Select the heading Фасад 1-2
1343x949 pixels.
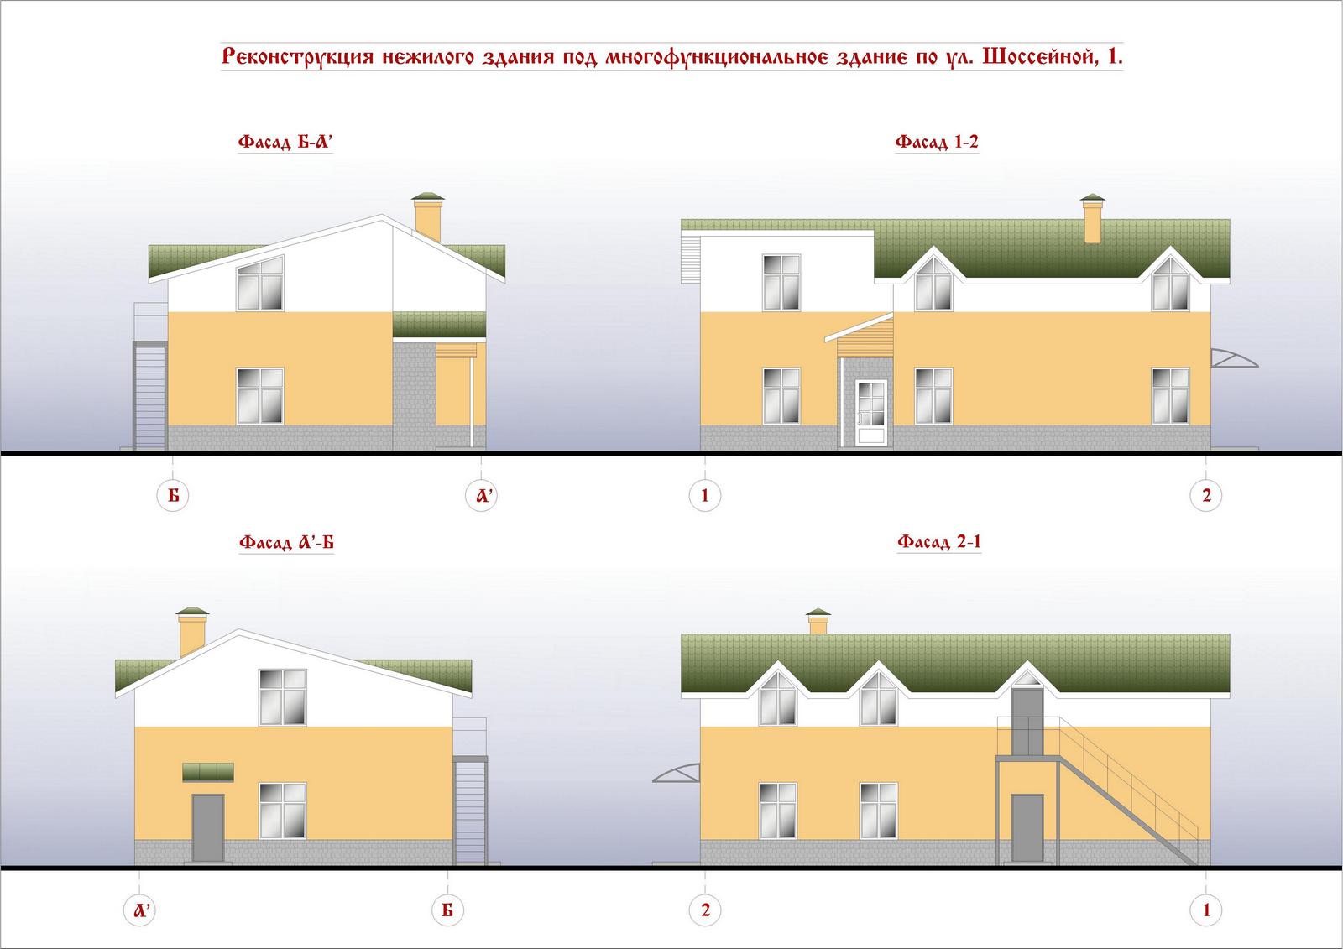pos(937,142)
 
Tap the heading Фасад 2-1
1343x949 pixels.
pos(939,542)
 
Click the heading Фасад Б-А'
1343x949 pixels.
pos(285,142)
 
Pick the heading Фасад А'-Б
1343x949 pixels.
pos(286,543)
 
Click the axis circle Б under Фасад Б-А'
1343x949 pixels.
pos(173,495)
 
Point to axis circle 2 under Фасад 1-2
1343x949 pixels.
pos(1205,495)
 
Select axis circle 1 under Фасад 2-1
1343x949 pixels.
pos(1205,910)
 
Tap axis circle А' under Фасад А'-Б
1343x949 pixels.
pos(139,910)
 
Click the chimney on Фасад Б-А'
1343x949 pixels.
pos(428,217)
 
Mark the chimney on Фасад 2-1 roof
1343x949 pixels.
pos(818,621)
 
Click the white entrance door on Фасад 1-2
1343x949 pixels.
pos(871,412)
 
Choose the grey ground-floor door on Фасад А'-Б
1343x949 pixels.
pos(208,828)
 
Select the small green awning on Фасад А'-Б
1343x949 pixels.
pos(208,772)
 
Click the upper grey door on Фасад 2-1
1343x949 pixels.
pos(1027,722)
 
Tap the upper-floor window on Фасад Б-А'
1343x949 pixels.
pos(259,283)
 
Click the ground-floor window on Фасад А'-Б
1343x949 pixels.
pos(282,811)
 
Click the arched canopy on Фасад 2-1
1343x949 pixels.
pos(676,773)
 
